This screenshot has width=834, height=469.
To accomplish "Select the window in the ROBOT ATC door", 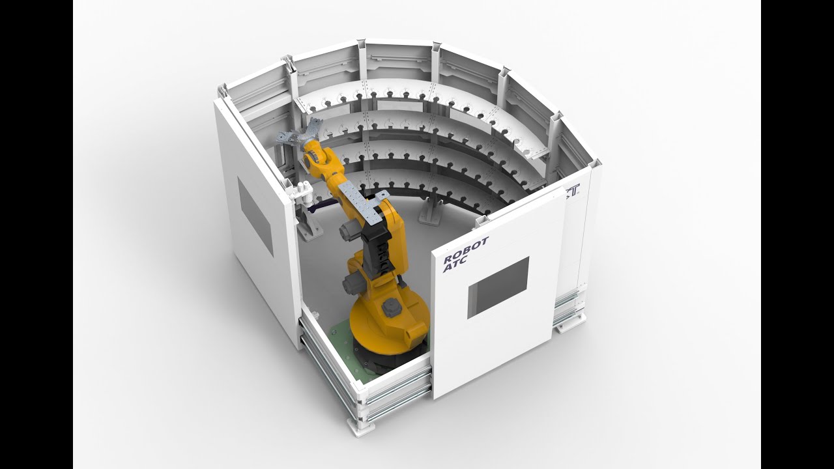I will [x=498, y=287].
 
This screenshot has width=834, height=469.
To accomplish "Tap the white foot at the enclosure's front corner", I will [x=360, y=426].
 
